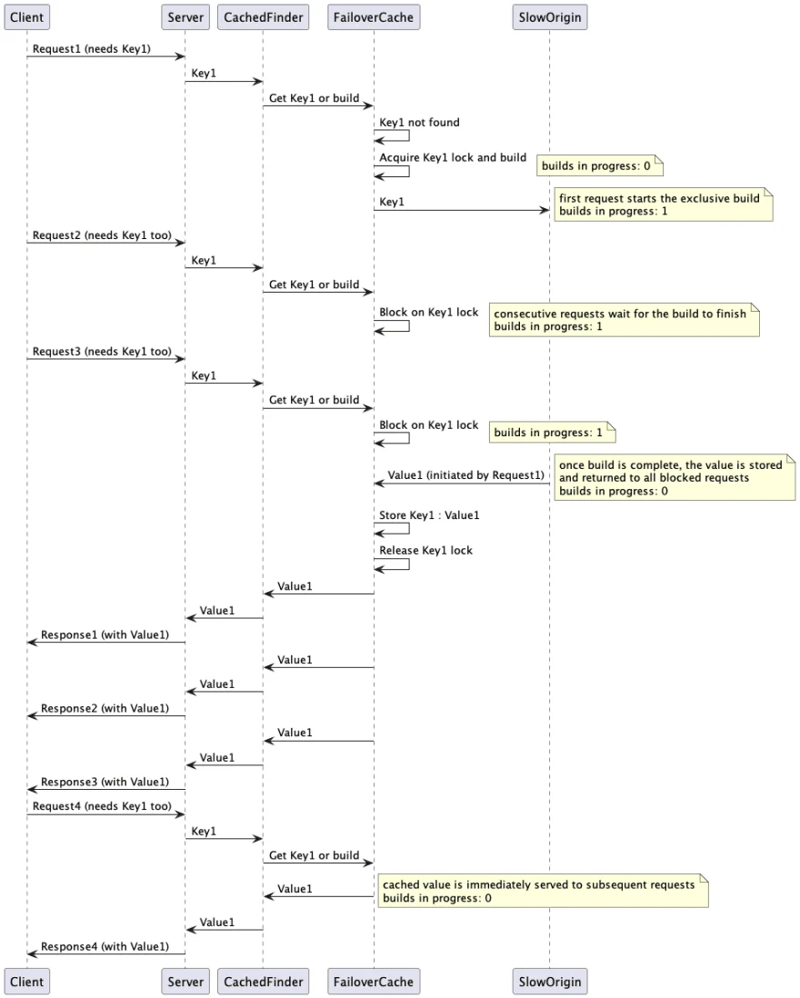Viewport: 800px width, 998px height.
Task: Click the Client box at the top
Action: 26,16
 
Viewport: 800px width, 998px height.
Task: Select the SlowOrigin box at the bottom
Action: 549,981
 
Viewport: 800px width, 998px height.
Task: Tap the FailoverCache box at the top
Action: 374,16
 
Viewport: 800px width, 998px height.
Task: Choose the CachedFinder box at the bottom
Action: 263,981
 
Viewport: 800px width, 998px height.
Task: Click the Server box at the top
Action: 185,16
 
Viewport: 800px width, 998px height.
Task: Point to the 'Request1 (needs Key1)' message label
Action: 92,47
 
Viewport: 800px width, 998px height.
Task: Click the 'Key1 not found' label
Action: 419,122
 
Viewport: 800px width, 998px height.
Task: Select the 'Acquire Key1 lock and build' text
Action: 453,157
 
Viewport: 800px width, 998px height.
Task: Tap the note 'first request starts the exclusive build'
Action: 663,204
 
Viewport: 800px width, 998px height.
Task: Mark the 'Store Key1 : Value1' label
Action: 429,515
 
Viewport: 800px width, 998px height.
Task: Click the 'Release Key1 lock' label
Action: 425,550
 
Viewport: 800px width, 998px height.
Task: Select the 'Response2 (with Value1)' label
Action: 105,707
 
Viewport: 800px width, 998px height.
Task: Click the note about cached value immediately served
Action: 542,891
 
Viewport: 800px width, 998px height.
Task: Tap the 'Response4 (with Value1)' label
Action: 105,946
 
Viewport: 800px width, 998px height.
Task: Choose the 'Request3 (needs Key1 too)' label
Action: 102,350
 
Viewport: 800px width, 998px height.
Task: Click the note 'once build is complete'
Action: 674,477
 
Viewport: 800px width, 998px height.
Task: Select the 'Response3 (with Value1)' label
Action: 105,782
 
